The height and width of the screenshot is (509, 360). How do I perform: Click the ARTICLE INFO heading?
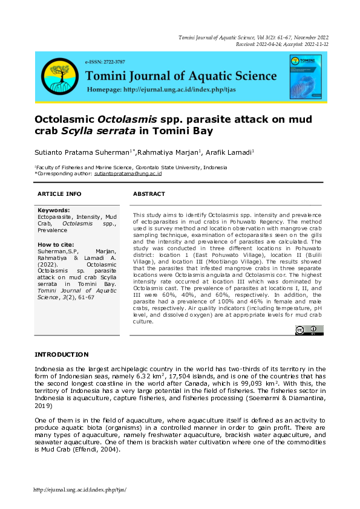(59, 194)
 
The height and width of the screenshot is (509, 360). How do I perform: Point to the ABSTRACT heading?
(149, 194)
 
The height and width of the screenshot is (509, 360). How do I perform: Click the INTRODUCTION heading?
(62, 354)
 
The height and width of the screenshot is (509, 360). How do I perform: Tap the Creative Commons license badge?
(309, 329)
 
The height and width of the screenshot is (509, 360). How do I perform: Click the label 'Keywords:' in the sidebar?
(53, 210)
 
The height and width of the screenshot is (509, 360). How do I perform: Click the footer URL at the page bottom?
(80, 490)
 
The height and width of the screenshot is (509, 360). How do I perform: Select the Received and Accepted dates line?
(282, 44)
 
